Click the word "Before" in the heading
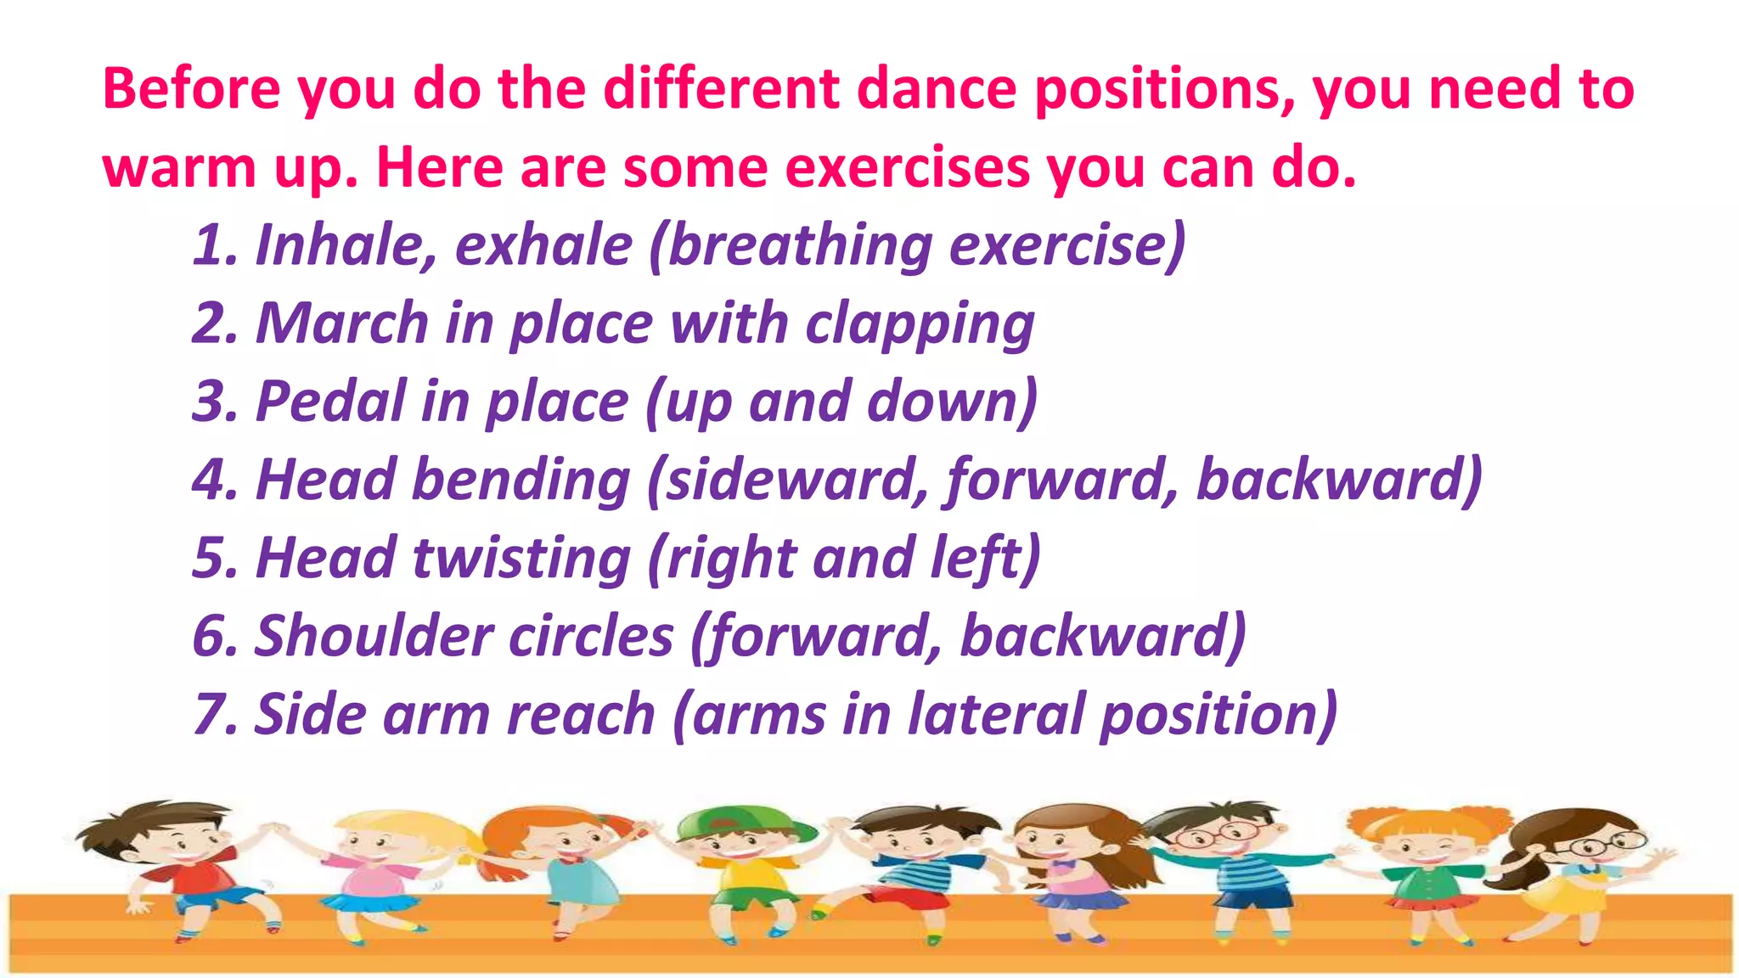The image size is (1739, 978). tap(191, 88)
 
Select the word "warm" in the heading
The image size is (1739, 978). tap(179, 167)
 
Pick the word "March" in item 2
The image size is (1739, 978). tap(342, 323)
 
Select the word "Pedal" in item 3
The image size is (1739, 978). tap(331, 402)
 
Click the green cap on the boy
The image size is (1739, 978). tap(739, 820)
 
